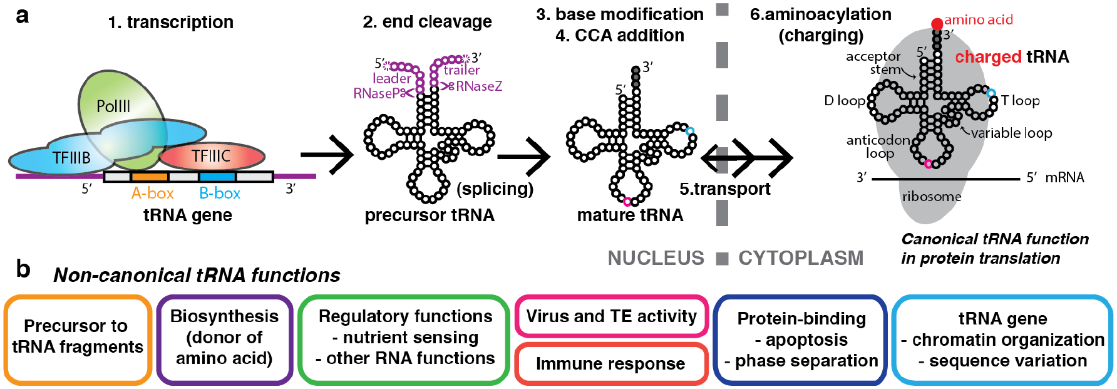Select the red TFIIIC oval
click(212, 156)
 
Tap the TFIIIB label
click(71, 158)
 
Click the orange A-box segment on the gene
click(150, 177)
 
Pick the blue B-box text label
click(220, 194)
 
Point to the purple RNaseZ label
click(479, 86)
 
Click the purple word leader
click(392, 78)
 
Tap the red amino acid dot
click(937, 24)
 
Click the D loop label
click(844, 101)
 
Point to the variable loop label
click(1011, 133)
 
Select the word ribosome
click(932, 197)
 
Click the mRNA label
click(1064, 177)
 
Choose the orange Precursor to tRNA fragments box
click(78, 339)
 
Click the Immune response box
click(610, 364)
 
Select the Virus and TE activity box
click(611, 316)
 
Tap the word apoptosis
click(806, 340)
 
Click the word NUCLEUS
click(656, 258)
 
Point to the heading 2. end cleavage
click(427, 22)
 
